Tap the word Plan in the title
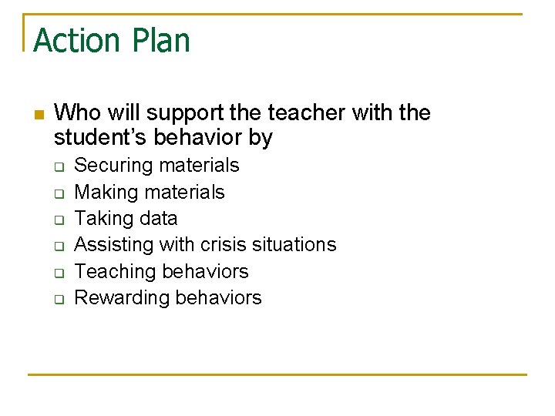158,40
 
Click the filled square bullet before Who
38,115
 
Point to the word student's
103,139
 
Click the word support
183,114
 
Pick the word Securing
113,166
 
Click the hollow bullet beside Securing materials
58,166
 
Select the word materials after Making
187,192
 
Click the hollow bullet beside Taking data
58,220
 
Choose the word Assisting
113,245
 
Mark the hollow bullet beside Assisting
58,246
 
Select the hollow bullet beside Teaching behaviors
58,272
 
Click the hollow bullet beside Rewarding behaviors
58,299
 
